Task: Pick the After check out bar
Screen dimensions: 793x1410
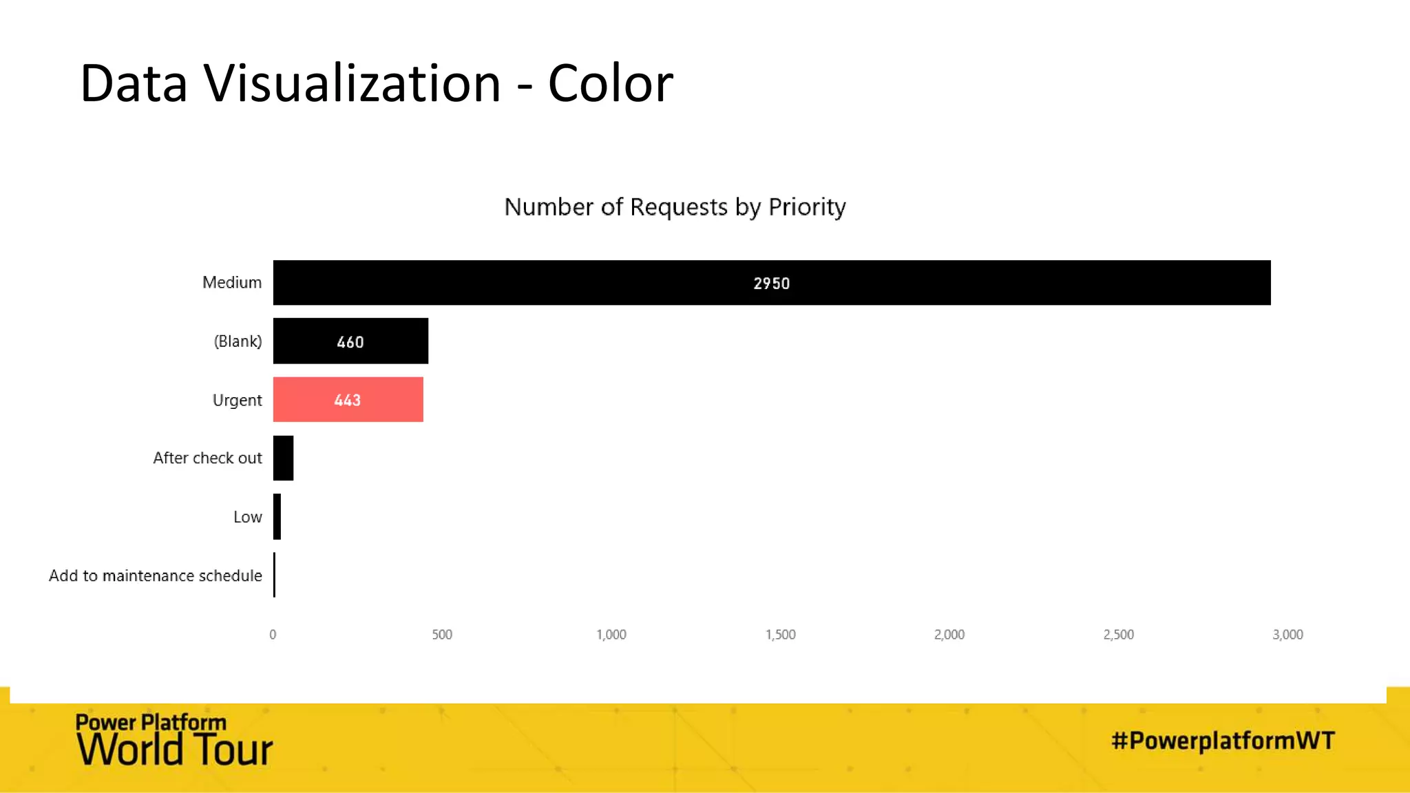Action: [283, 458]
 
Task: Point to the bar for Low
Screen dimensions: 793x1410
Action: [277, 516]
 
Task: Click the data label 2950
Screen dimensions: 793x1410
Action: [771, 284]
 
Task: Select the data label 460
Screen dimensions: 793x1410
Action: [350, 342]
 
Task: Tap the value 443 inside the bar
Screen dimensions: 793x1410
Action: [347, 400]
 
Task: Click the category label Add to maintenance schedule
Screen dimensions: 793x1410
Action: [156, 575]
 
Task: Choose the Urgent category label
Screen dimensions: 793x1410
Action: [237, 400]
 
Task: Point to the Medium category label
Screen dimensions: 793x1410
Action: [231, 282]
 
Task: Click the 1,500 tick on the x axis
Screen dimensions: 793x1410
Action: [780, 635]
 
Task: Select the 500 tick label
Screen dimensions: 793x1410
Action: [442, 635]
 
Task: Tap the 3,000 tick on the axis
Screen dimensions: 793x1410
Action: [1287, 635]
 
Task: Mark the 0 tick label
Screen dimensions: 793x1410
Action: [273, 635]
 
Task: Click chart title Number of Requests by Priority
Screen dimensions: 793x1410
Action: [675, 207]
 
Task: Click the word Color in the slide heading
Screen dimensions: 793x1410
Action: [610, 83]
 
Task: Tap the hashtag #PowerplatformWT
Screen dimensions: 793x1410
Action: [1223, 741]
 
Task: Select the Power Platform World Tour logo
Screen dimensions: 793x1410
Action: [173, 741]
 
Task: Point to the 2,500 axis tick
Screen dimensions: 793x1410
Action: [1118, 635]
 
